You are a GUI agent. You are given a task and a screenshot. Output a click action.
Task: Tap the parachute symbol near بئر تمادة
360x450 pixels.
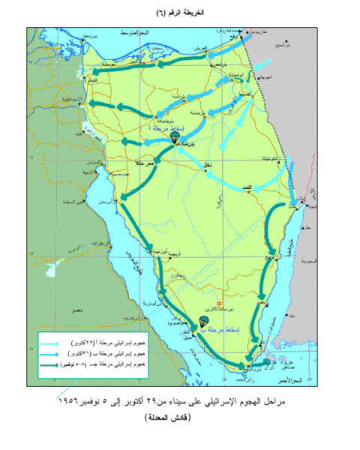(x=174, y=137)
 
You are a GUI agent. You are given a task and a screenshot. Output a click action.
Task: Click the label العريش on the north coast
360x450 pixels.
(x=199, y=48)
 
